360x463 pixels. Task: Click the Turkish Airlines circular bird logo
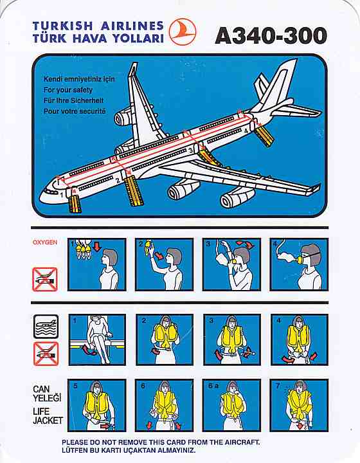(183, 32)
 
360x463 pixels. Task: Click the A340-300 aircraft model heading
(271, 36)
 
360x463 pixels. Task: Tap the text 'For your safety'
(68, 90)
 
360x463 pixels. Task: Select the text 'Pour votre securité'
(75, 111)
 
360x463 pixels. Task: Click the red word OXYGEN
(45, 242)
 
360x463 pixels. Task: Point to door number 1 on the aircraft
(69, 192)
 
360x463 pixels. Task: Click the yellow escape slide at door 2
(133, 191)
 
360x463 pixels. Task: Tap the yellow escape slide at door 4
(264, 135)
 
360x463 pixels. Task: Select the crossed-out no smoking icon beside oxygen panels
(45, 279)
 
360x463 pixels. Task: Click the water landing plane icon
(46, 327)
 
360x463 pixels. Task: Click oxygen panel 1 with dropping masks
(97, 264)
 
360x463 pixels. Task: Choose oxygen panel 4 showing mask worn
(299, 264)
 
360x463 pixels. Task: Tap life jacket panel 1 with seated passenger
(97, 340)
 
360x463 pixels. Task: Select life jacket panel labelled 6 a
(232, 405)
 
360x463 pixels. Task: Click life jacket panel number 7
(299, 405)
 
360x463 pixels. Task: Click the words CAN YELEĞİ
(47, 394)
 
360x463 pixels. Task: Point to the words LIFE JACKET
(48, 416)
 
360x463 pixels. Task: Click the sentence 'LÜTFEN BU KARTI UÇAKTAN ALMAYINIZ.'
(129, 451)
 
